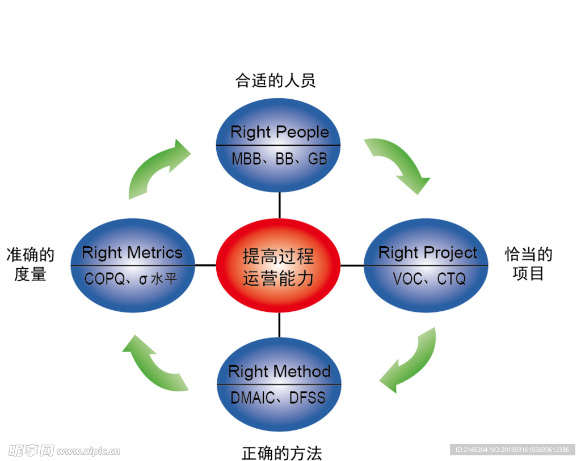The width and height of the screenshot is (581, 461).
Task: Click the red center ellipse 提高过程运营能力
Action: click(x=278, y=265)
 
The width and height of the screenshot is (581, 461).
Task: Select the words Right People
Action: click(x=279, y=132)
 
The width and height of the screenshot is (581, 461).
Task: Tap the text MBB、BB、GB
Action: click(x=279, y=159)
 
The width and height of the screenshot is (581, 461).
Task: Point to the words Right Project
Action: click(x=428, y=253)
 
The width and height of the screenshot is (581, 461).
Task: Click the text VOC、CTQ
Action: click(x=429, y=279)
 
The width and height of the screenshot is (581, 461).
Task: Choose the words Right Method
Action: click(x=279, y=372)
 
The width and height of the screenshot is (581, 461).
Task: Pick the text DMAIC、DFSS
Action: click(x=278, y=397)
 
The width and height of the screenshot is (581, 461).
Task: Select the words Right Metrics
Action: click(x=132, y=253)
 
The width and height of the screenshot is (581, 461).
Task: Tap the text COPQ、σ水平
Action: click(x=130, y=279)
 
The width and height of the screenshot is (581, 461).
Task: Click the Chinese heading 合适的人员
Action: click(x=276, y=81)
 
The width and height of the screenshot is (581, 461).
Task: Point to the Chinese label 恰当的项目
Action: click(x=528, y=264)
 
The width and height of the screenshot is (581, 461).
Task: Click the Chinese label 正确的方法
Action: click(x=281, y=453)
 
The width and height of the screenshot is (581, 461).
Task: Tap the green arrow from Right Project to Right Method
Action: click(x=410, y=361)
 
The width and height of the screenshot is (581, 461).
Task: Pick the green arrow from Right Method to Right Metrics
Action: click(x=153, y=363)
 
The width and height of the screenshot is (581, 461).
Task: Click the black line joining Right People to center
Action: click(x=279, y=205)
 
